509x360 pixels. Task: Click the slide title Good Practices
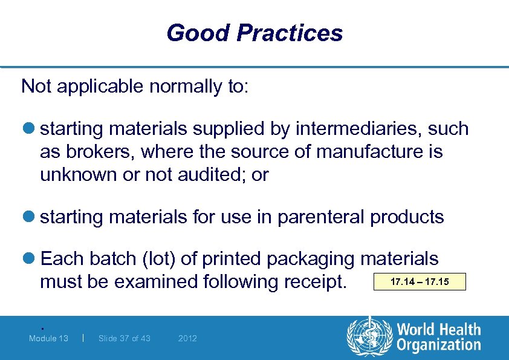(x=254, y=33)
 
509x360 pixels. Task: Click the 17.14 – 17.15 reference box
(x=420, y=282)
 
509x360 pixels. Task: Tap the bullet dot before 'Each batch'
(x=29, y=259)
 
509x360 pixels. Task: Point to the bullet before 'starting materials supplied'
(x=29, y=129)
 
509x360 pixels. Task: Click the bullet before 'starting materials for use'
(x=29, y=217)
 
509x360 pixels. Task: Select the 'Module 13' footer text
(x=48, y=338)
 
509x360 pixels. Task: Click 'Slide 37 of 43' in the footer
(x=124, y=338)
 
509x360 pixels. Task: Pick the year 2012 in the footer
(x=187, y=338)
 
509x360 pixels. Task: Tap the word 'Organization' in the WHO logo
(x=438, y=345)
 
